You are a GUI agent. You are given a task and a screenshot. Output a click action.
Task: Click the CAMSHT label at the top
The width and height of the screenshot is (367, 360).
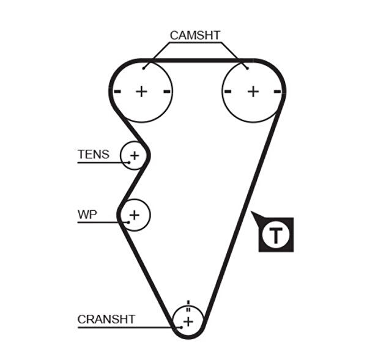tap(195, 35)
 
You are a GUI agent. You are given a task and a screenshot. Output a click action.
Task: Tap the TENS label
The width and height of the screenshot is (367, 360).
tap(93, 154)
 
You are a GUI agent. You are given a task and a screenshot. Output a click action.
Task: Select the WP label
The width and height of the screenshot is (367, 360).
tap(87, 215)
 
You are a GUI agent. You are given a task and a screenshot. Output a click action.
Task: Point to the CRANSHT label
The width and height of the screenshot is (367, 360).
tap(106, 319)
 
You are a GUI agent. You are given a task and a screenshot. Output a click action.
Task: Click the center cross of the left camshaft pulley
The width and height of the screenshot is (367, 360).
tap(142, 92)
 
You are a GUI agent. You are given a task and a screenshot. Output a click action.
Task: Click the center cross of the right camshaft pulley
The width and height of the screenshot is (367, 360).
tap(253, 92)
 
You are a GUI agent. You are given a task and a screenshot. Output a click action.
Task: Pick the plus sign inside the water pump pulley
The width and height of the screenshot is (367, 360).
tap(135, 215)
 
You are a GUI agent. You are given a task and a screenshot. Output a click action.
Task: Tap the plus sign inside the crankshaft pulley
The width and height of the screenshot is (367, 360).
tap(188, 321)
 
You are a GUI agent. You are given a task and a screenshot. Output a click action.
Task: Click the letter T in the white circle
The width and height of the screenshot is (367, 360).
tap(277, 234)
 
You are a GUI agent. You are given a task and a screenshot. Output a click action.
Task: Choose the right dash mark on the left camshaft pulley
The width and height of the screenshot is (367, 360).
tap(167, 92)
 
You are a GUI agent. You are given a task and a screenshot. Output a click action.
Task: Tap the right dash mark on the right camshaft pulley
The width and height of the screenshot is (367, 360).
tap(278, 92)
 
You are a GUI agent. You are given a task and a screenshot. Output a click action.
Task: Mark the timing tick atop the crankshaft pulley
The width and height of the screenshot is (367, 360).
tap(188, 303)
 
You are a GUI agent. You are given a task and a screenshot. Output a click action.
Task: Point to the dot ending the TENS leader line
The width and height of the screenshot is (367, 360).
tap(129, 162)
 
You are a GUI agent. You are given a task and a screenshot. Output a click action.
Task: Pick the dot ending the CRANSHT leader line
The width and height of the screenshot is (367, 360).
tap(182, 328)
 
